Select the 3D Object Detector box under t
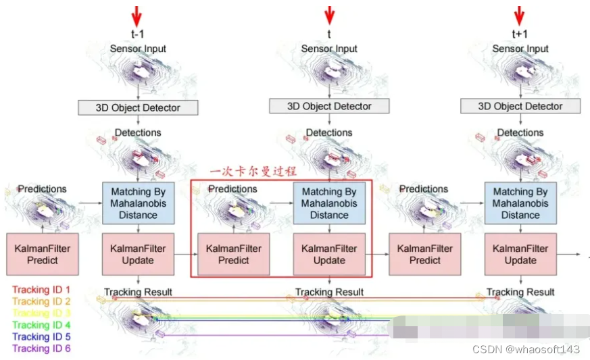[x=329, y=106]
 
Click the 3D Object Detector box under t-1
[x=139, y=107]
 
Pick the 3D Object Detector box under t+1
[x=520, y=106]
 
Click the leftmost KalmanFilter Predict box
[x=42, y=254]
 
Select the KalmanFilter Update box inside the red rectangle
[x=329, y=254]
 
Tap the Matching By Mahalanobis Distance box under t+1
[x=520, y=203]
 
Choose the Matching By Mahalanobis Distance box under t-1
[x=138, y=203]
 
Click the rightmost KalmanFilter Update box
[x=520, y=254]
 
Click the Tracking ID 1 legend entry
[x=41, y=290]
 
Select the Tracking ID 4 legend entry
[x=41, y=325]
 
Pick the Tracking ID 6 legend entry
[x=41, y=349]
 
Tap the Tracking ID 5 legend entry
[x=41, y=336]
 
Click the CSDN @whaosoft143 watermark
[x=526, y=349]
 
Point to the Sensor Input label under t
[x=329, y=49]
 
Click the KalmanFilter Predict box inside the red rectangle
[x=233, y=254]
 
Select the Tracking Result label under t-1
[x=138, y=292]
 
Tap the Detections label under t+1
[x=520, y=132]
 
